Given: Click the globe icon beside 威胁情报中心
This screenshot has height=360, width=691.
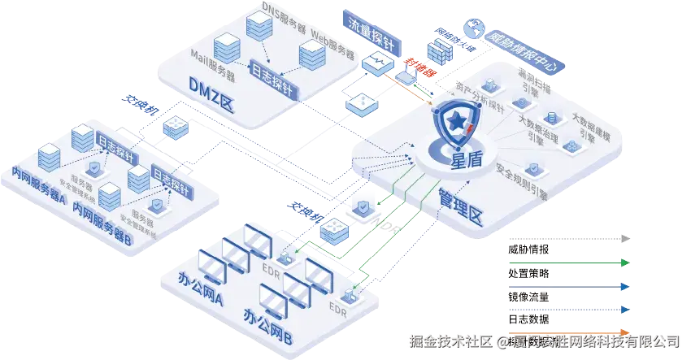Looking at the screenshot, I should [474, 29].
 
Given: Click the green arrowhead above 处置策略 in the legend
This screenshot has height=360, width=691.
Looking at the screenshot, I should [624, 262].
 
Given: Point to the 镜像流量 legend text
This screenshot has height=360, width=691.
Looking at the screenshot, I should [528, 297].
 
